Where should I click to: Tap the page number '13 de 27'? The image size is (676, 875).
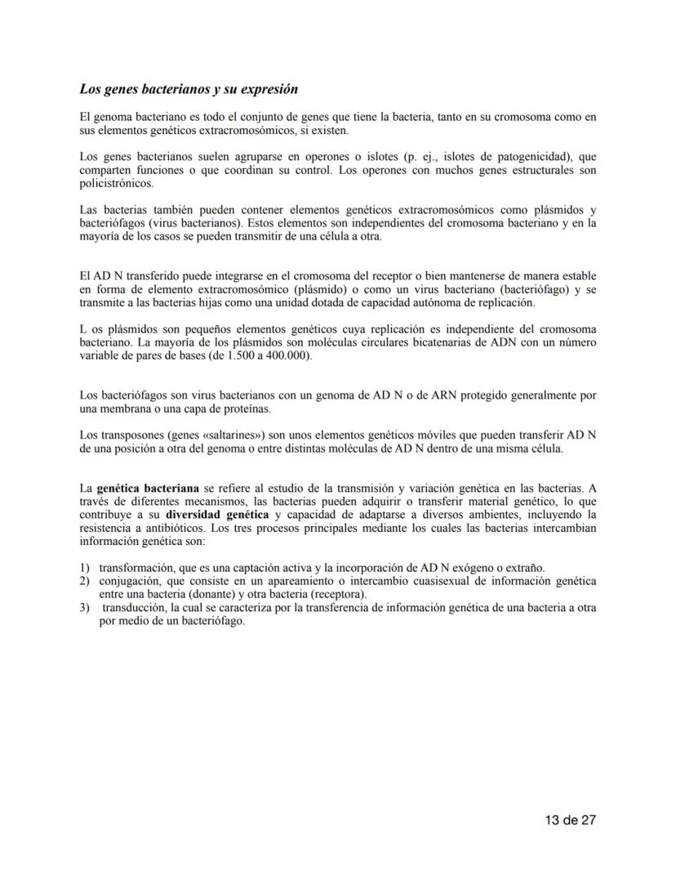(x=571, y=820)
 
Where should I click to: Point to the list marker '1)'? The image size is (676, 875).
(x=84, y=568)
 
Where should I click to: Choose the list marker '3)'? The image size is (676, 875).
(x=84, y=608)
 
